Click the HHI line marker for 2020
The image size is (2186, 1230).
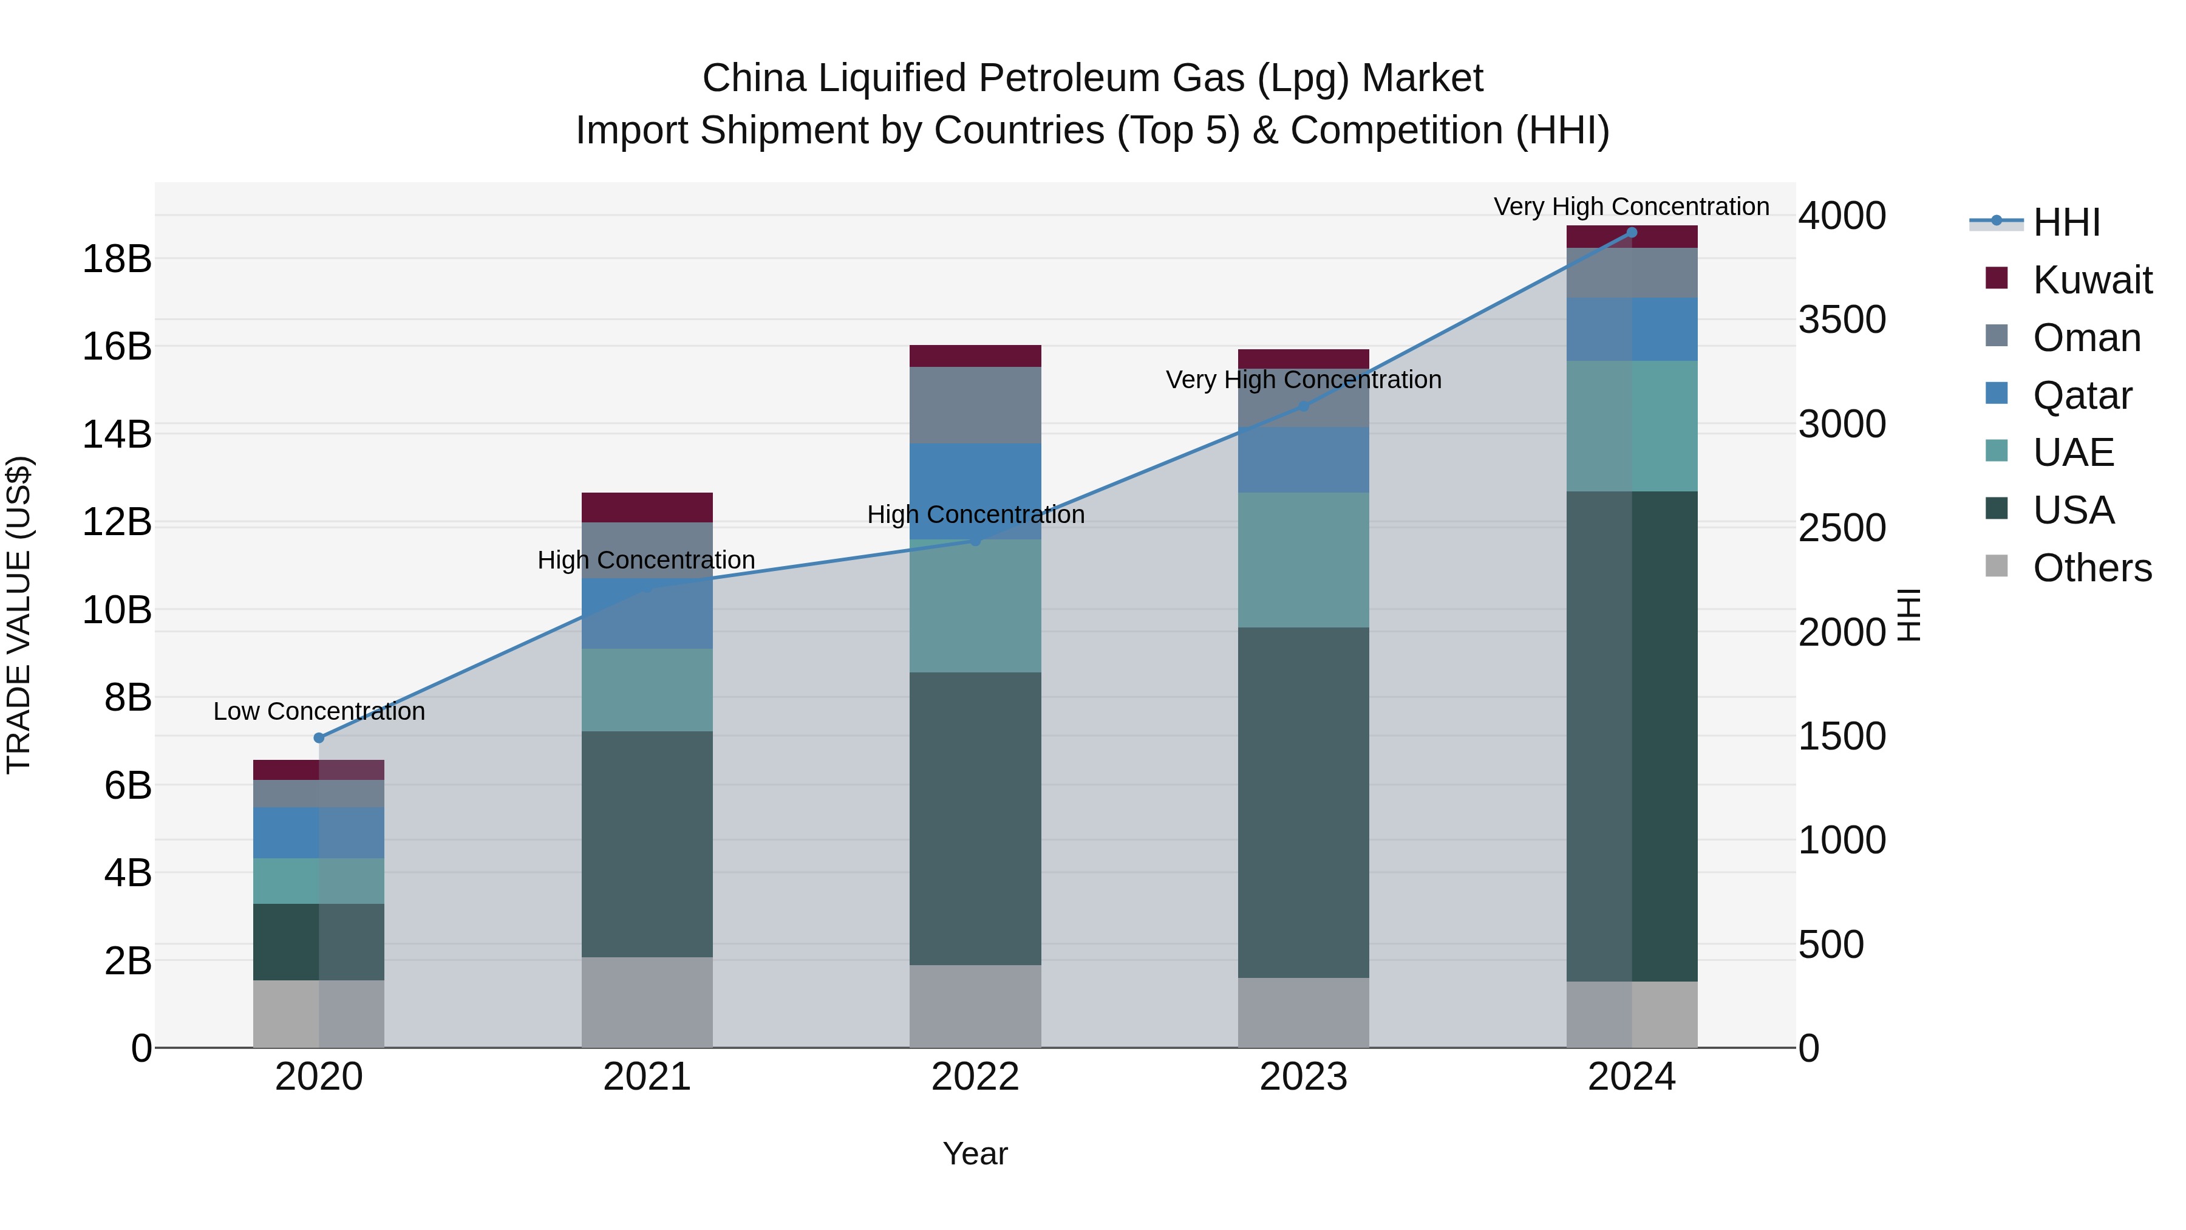click(319, 737)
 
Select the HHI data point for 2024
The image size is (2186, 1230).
click(1631, 233)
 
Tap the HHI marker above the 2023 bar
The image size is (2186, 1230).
click(1304, 406)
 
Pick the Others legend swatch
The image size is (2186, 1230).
click(1997, 566)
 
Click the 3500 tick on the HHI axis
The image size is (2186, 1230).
click(1842, 320)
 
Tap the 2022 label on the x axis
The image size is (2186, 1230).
click(975, 1077)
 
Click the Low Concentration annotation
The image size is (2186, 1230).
click(319, 711)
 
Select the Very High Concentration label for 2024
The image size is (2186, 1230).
click(1631, 207)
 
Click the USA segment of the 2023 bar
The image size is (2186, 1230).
click(1304, 802)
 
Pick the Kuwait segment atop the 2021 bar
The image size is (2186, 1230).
click(647, 507)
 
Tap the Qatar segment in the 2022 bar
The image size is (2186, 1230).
click(975, 491)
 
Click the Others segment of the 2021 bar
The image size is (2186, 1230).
click(647, 1002)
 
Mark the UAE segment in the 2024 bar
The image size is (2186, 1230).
click(1631, 426)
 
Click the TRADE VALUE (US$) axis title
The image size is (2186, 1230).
click(19, 615)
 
